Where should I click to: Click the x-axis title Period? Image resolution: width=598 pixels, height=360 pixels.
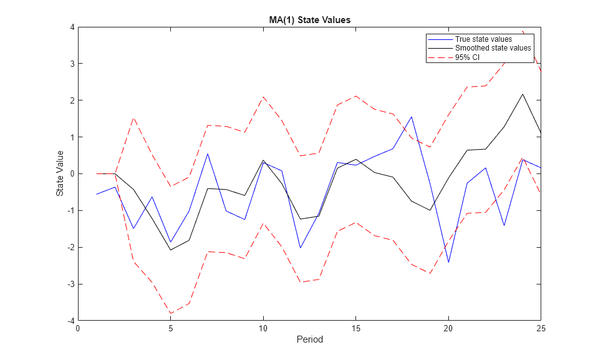[309, 340]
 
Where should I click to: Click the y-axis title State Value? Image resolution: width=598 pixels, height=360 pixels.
[60, 173]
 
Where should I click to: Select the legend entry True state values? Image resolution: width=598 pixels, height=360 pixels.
[483, 39]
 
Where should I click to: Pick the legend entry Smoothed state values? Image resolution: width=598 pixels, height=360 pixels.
[493, 48]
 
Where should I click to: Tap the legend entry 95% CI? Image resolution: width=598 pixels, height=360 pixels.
[467, 57]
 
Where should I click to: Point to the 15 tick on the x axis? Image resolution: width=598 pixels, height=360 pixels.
[355, 328]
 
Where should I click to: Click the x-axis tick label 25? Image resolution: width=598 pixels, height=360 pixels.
[541, 328]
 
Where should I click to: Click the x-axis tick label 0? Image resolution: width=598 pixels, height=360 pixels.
[78, 328]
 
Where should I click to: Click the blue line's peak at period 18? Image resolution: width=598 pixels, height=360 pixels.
[411, 117]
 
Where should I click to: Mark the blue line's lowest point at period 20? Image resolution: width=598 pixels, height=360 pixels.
[448, 262]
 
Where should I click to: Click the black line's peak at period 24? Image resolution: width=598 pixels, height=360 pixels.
[522, 94]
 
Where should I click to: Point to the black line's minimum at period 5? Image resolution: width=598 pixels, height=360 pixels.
[170, 250]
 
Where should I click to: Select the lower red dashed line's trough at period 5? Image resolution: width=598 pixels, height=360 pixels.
[170, 313]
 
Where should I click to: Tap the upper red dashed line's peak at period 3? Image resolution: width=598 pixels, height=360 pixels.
[133, 118]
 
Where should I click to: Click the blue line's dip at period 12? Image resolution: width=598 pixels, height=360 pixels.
[300, 248]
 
